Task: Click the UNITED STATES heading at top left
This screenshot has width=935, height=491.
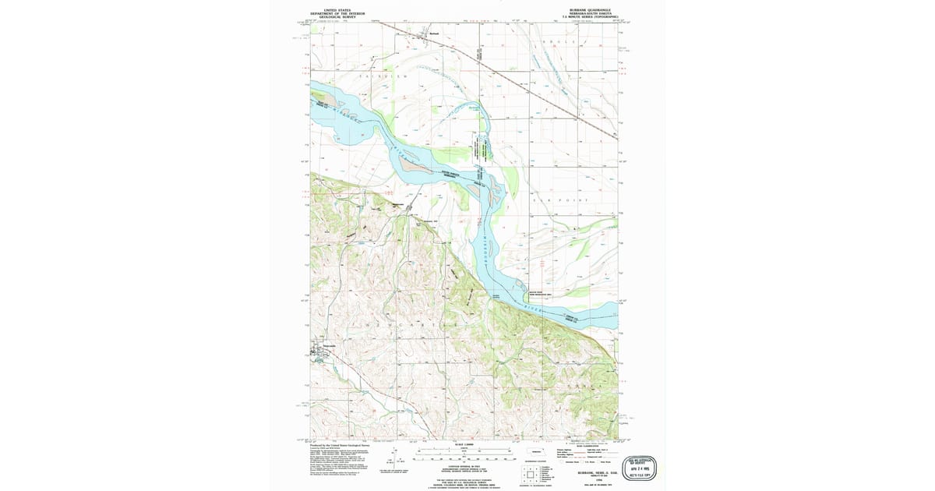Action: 337,9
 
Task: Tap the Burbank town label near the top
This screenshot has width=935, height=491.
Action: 435,34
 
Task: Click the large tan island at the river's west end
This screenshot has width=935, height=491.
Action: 328,100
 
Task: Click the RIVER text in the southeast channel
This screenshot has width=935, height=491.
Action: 531,309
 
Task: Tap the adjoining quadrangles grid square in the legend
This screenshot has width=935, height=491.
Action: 532,473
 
